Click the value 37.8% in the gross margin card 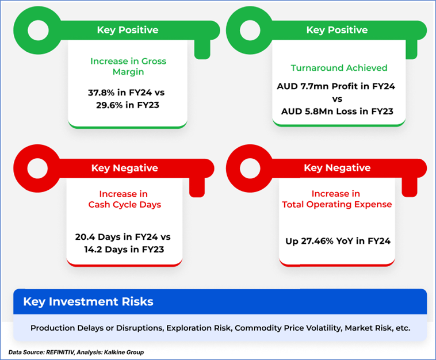tap(101, 92)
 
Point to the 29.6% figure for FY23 tap(109, 105)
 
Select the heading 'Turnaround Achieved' tap(339, 68)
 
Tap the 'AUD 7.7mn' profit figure tap(303, 86)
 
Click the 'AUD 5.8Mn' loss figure tap(307, 111)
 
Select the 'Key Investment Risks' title tap(88, 302)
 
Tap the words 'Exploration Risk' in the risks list tap(198, 328)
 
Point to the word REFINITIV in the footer tap(60, 352)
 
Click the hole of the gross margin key tap(38, 30)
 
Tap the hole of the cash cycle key tap(37, 168)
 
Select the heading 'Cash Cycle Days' tap(125, 205)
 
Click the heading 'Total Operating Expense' tap(336, 204)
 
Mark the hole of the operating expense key tap(250, 168)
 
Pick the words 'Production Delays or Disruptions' tap(97, 328)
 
